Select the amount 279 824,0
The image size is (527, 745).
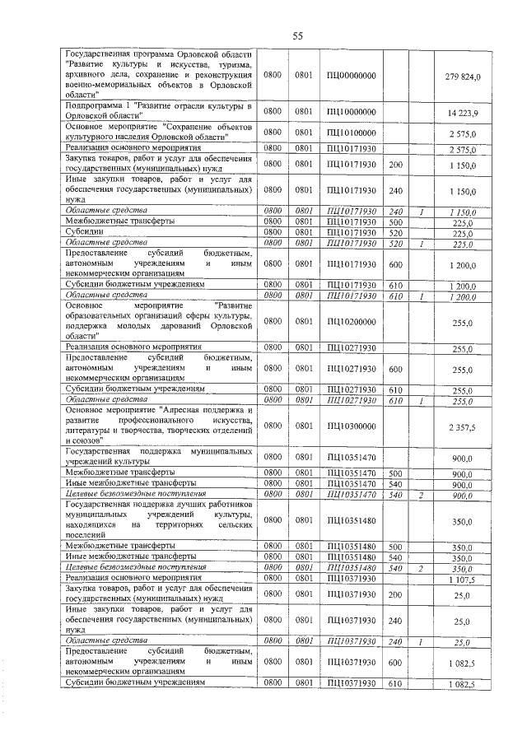click(x=468, y=76)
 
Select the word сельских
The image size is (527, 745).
click(x=231, y=524)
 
